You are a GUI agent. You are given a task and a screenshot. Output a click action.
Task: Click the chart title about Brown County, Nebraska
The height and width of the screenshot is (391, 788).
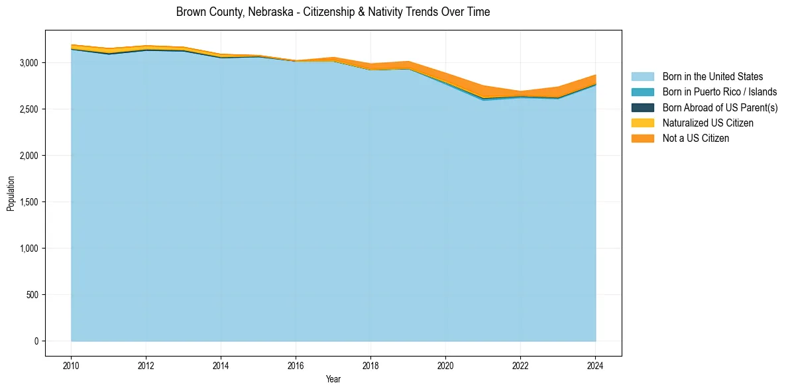tap(333, 12)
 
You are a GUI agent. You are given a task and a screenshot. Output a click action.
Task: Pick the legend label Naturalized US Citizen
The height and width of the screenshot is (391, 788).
tap(708, 123)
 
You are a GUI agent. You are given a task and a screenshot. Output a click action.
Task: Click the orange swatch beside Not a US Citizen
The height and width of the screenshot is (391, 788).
tap(642, 138)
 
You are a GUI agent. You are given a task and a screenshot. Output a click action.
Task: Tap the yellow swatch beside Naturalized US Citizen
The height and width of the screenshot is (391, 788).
tap(642, 123)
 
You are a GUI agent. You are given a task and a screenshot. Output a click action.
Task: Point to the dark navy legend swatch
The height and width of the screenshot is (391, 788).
tap(642, 107)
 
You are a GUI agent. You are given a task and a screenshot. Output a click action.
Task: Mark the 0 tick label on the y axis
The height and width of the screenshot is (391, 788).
tap(37, 341)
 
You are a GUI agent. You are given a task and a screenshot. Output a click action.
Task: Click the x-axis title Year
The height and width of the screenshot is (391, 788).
tap(333, 379)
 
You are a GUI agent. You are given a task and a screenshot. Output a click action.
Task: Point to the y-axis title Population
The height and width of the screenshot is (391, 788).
tap(11, 194)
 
